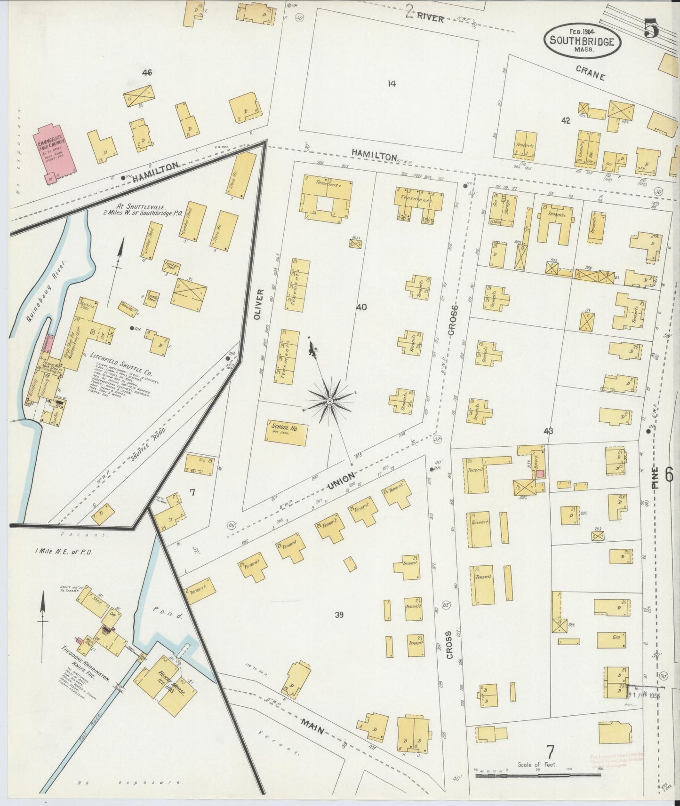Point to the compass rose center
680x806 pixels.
tap(330, 401)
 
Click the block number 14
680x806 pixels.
tap(392, 84)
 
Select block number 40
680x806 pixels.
tap(361, 307)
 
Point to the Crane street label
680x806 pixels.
tap(590, 73)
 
